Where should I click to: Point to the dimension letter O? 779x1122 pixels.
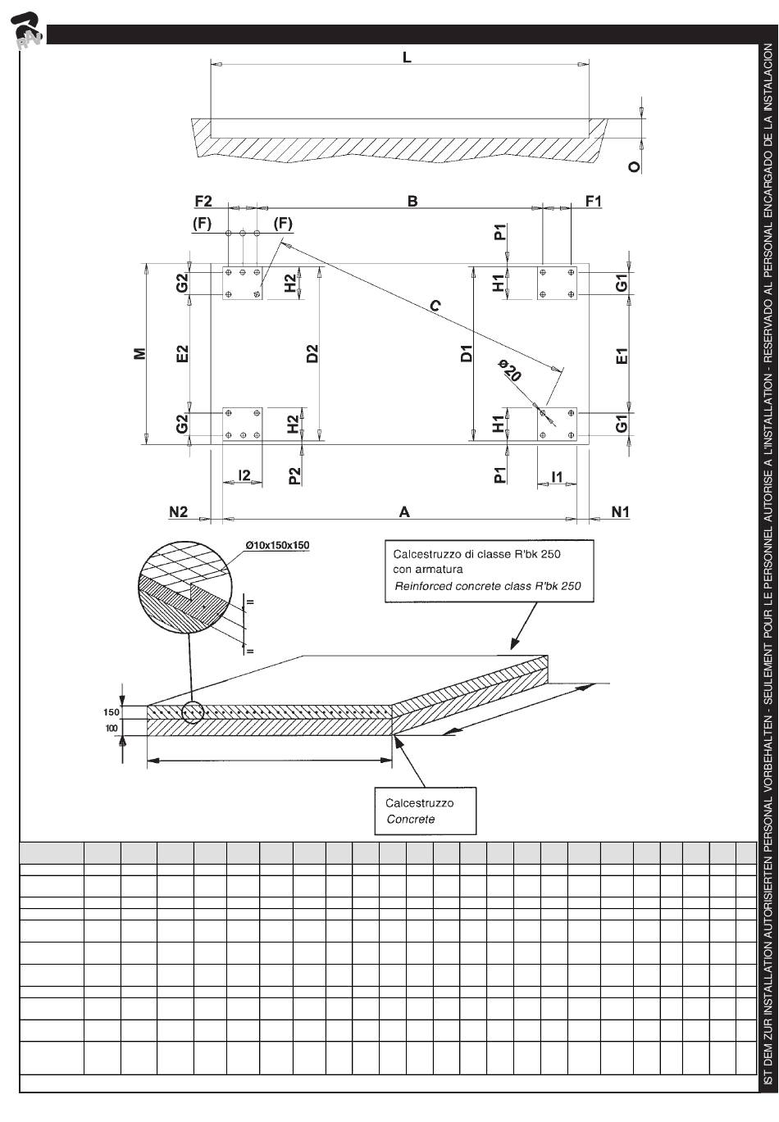633,166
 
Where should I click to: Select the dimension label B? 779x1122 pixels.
412,201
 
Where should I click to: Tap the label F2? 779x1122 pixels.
203,201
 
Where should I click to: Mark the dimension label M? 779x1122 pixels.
140,353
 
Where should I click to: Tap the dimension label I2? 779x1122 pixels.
244,475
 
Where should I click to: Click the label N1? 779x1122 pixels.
621,512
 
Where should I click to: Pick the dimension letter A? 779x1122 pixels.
403,512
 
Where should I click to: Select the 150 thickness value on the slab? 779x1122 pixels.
112,712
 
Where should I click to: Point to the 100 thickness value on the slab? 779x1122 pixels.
112,728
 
